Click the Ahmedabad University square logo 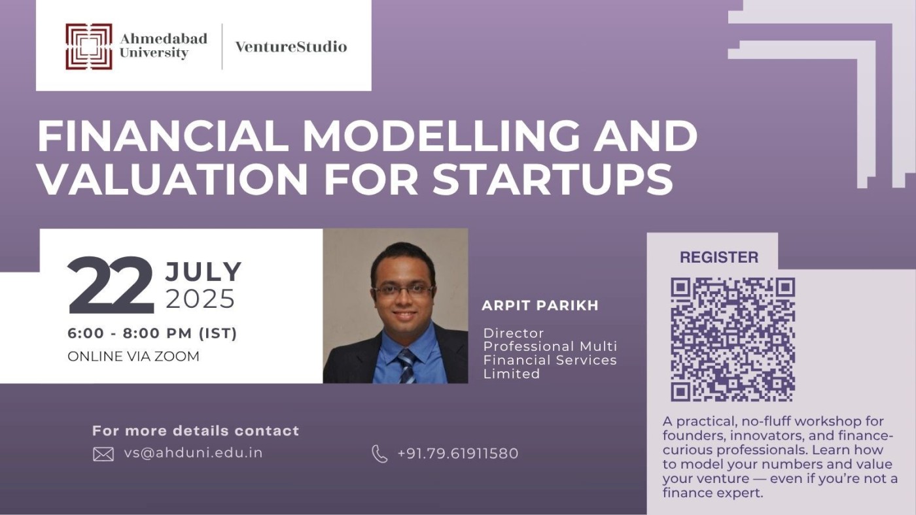point(88,46)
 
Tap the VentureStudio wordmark point(291,46)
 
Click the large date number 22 point(110,286)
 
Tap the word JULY point(203,271)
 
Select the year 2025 point(200,299)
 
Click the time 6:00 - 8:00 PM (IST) point(152,333)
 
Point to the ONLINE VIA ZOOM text point(133,356)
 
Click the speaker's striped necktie point(406,366)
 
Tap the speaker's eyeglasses point(403,290)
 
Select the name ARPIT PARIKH point(540,306)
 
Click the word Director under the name point(514,333)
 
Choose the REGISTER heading point(718,257)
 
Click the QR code point(733,339)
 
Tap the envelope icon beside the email point(103,454)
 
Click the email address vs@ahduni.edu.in point(193,452)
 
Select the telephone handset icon point(379,454)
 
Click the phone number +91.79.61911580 point(457,453)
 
